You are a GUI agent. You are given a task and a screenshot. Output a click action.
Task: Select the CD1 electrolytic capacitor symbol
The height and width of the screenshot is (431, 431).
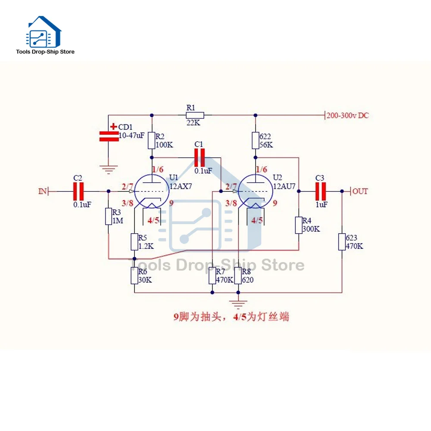[x=109, y=136]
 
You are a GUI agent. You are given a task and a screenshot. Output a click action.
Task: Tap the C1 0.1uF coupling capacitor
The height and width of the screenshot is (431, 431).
[x=200, y=158]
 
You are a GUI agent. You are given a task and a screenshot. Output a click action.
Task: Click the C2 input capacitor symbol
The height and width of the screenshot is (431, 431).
[x=79, y=191]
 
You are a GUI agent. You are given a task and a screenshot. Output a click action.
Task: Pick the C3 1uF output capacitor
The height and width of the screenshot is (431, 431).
[x=320, y=191]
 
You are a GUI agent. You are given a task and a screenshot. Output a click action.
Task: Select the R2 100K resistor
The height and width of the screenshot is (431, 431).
[x=151, y=141]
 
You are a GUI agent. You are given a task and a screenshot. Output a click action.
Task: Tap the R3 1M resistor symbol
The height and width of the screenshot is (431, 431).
[x=109, y=216]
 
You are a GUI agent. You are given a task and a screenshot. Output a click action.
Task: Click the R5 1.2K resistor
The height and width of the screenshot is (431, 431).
[x=134, y=242]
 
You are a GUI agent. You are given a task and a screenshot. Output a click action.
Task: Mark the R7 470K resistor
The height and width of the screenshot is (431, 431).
[x=212, y=276]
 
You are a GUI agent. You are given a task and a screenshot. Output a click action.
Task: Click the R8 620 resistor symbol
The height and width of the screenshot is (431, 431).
[x=238, y=276]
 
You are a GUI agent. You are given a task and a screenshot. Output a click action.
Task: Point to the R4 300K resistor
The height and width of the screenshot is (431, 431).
[x=298, y=225]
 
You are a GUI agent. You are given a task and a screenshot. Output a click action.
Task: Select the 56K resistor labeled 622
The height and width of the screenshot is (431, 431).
[x=255, y=141]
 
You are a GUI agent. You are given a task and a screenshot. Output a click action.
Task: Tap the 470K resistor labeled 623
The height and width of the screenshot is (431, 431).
[x=342, y=242]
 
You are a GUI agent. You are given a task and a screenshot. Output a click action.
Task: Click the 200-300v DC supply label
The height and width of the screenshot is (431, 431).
[x=347, y=116]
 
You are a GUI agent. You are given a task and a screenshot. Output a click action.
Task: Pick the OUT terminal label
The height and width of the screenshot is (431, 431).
[x=360, y=191]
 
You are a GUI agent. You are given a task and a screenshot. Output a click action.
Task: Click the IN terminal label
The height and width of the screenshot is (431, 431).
[x=42, y=191]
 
